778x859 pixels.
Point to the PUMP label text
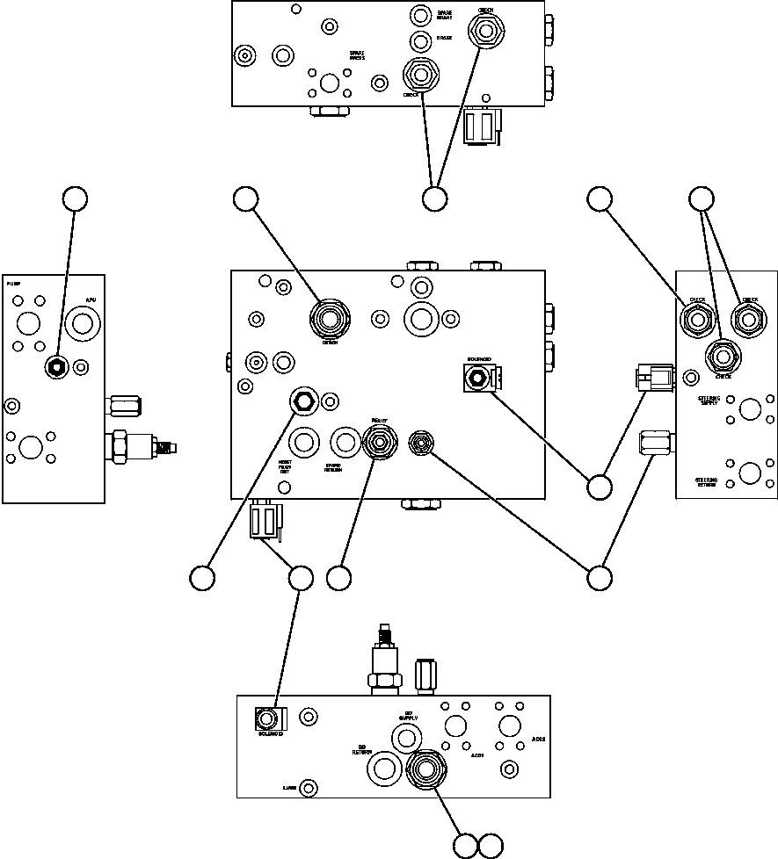(x=13, y=285)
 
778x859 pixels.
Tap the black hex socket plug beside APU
(x=55, y=367)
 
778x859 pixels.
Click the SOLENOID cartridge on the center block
(x=476, y=378)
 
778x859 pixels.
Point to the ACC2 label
(x=538, y=740)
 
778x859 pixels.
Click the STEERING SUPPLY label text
(x=709, y=401)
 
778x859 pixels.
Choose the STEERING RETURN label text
(x=709, y=483)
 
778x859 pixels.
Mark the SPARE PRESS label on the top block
(x=357, y=54)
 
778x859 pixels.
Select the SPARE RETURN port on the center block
(x=343, y=442)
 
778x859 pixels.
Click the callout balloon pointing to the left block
(x=75, y=199)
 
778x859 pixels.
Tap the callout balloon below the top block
(x=434, y=199)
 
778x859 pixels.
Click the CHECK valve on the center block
(x=331, y=318)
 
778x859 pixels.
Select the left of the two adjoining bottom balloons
(x=465, y=845)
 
